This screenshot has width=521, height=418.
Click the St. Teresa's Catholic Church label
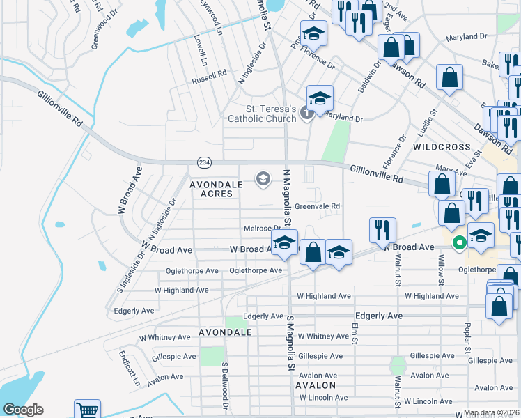coord(261,114)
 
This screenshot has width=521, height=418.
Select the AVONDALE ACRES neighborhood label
coord(217,189)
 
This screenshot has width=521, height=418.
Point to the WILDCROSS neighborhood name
coord(442,148)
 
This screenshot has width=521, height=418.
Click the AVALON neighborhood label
coord(316,385)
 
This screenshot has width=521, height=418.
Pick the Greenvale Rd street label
coord(317,206)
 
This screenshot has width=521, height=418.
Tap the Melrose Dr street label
coord(262,229)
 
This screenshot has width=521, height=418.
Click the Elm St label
coord(354,332)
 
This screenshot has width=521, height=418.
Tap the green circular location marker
coord(459,243)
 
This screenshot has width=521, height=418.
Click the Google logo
coord(24,410)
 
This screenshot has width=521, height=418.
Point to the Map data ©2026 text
coord(492,413)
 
